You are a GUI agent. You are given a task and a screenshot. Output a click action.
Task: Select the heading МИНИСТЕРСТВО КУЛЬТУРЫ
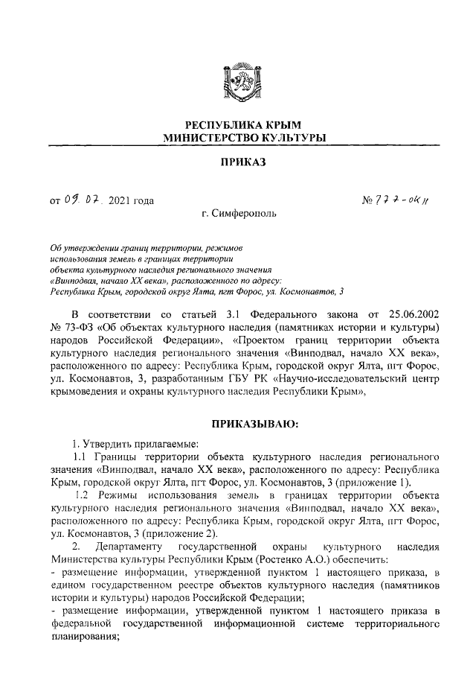238,139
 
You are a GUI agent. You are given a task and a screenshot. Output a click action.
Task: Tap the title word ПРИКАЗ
238,162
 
